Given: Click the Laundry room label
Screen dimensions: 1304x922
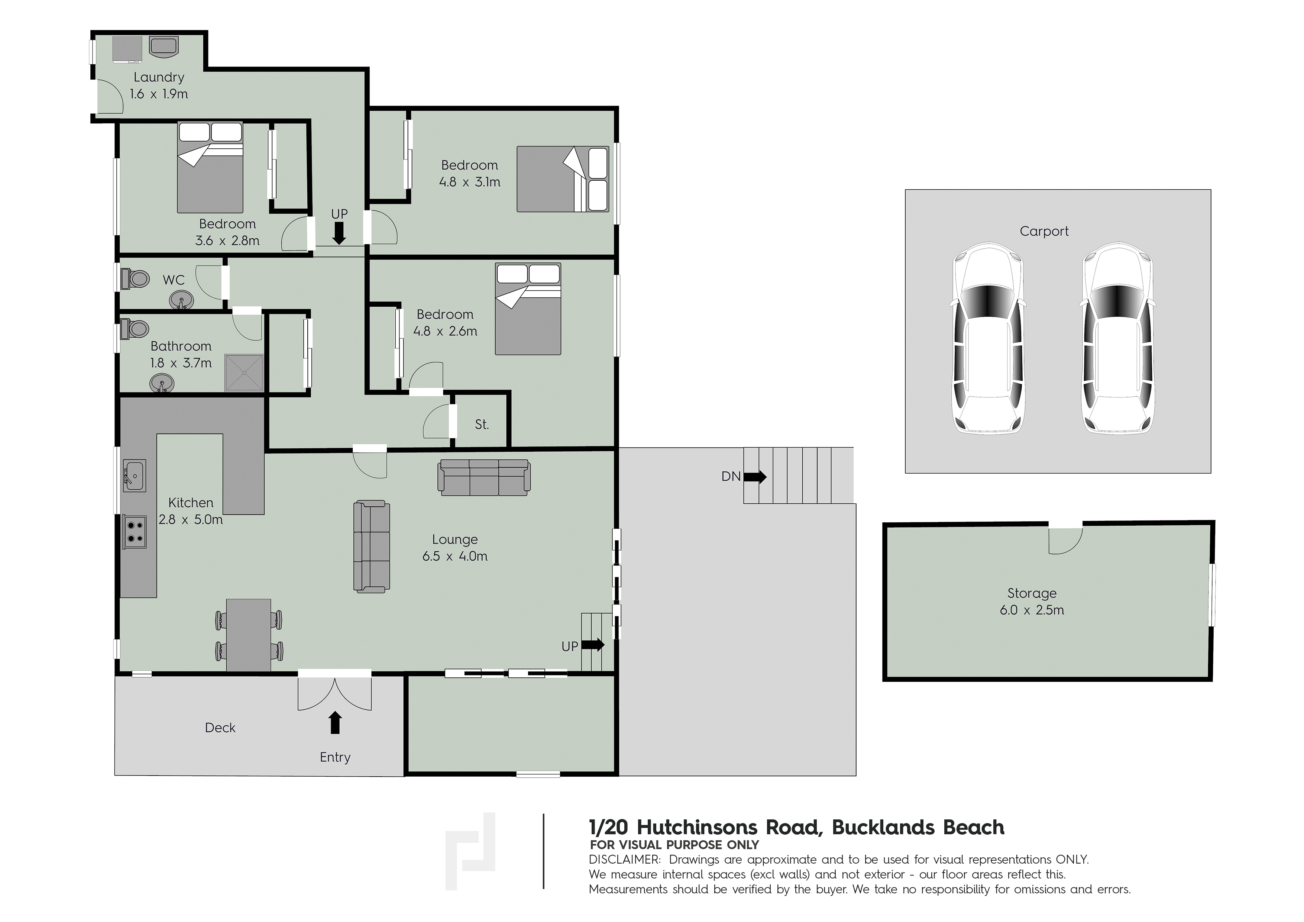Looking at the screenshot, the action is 159,77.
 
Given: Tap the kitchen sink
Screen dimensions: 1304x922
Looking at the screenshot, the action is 135,475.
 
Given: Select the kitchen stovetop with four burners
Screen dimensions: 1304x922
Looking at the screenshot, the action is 135,531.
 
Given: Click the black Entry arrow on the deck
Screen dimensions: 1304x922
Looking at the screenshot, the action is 335,723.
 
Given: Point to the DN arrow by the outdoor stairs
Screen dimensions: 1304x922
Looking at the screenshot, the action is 755,477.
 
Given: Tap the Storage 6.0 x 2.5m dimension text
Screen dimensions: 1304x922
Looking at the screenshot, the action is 1032,610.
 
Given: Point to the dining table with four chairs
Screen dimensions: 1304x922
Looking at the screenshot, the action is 249,635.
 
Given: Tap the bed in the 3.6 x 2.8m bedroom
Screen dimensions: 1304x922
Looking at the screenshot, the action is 210,168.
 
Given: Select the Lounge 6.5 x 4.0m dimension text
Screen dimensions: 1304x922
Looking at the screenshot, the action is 455,556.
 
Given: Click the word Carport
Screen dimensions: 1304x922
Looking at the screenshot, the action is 1044,231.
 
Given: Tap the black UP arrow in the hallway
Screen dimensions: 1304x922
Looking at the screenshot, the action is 339,233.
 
